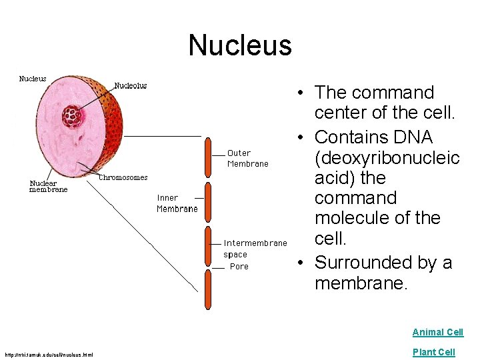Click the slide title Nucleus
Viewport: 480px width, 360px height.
(x=240, y=45)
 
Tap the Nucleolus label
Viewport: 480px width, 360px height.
(x=131, y=85)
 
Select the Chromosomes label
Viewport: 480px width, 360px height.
(x=123, y=177)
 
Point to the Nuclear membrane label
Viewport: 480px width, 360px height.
(x=49, y=186)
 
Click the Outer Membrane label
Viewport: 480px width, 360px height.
(x=247, y=158)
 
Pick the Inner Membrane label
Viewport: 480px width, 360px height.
(x=177, y=203)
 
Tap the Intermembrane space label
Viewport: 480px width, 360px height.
(x=255, y=248)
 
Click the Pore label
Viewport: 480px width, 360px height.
(x=239, y=267)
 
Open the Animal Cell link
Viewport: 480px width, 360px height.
(x=437, y=332)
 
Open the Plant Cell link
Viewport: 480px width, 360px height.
(x=433, y=352)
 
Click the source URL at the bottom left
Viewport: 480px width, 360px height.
(x=49, y=353)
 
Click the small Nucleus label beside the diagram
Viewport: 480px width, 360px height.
(x=33, y=79)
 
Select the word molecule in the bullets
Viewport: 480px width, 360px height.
(x=353, y=218)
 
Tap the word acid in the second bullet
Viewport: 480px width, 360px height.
(x=333, y=178)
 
